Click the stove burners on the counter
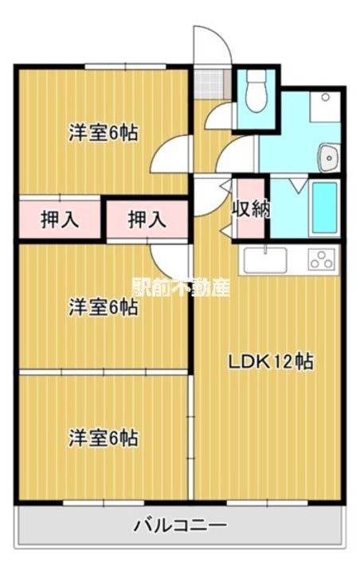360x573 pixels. click(x=322, y=260)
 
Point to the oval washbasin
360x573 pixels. click(x=328, y=158)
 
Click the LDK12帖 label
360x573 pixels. click(x=271, y=361)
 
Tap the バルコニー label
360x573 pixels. click(x=180, y=526)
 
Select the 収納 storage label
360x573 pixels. click(x=249, y=209)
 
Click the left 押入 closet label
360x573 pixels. click(x=60, y=220)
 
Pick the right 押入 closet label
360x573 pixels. click(x=147, y=220)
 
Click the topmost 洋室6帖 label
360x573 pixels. click(x=103, y=134)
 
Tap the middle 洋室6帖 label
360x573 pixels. click(x=103, y=307)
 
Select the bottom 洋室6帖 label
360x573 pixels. click(x=103, y=438)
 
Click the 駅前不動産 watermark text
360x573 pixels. click(x=180, y=286)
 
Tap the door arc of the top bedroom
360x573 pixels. click(x=171, y=154)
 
